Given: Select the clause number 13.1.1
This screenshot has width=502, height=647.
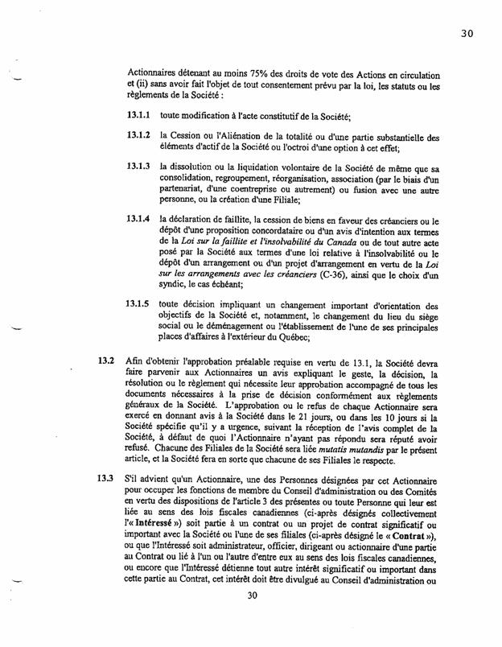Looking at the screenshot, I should click(x=140, y=116).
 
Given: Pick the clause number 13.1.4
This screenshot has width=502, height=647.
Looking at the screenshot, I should click(x=140, y=220).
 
